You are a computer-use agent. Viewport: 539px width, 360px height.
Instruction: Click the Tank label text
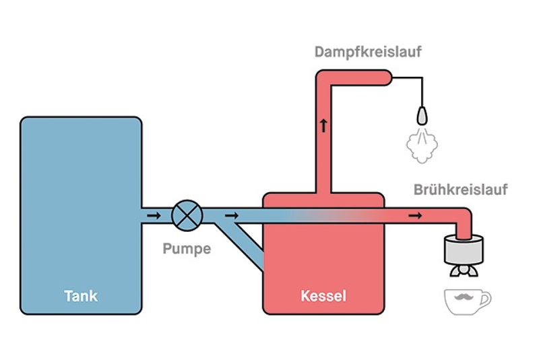[81, 295]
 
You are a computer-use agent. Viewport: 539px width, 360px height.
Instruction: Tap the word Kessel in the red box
[323, 295]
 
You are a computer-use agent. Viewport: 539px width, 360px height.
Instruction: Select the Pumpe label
[187, 249]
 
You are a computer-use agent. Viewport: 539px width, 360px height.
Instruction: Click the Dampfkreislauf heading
[368, 51]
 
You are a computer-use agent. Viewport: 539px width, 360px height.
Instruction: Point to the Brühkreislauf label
[460, 189]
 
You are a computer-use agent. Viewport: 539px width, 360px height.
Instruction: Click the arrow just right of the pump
[232, 216]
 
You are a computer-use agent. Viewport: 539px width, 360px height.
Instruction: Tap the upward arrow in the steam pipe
[323, 125]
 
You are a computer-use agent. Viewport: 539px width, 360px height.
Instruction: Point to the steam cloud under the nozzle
[420, 144]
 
